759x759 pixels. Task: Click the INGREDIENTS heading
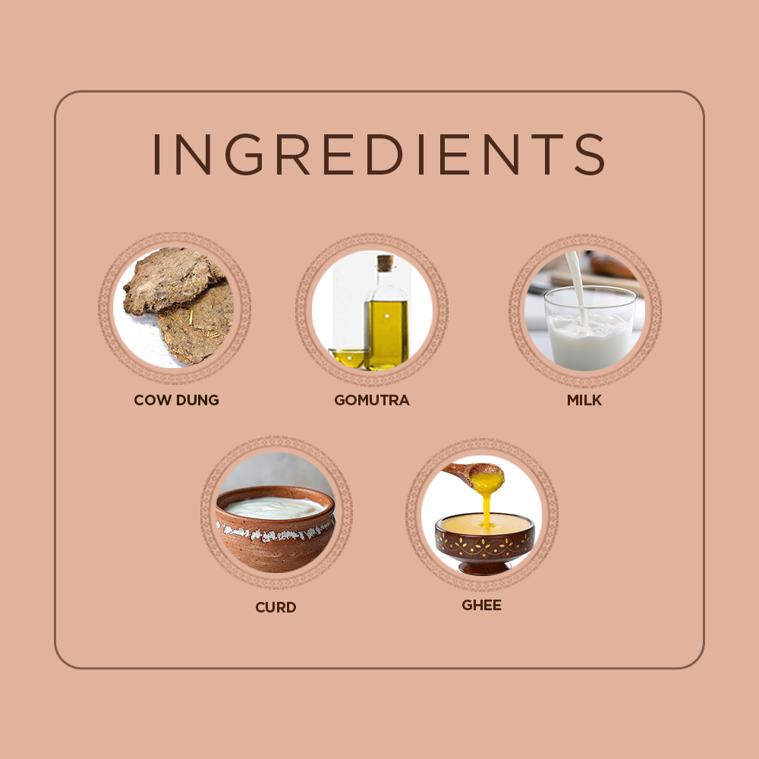click(x=379, y=154)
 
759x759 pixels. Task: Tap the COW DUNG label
click(x=176, y=400)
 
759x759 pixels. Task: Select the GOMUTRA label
click(x=372, y=400)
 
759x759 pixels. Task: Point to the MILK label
click(x=584, y=400)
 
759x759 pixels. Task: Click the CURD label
click(x=276, y=607)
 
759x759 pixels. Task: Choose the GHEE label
click(x=482, y=605)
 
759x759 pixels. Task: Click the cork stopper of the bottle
click(x=386, y=263)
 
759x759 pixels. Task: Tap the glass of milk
click(x=590, y=327)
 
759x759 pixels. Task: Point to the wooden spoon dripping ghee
click(x=474, y=474)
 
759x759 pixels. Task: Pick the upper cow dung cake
click(x=172, y=281)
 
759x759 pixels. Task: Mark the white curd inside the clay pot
click(x=275, y=508)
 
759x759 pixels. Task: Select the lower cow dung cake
click(x=196, y=324)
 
